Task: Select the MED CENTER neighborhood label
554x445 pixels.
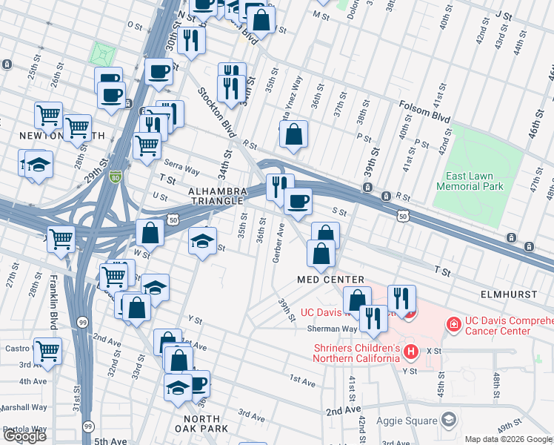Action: pyautogui.click(x=330, y=280)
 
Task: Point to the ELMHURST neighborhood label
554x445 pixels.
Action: pyautogui.click(x=508, y=294)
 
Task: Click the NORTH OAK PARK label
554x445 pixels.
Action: pyautogui.click(x=196, y=423)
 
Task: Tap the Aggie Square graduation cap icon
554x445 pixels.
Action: pyautogui.click(x=448, y=421)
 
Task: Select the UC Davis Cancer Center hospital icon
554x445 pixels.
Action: pyautogui.click(x=452, y=323)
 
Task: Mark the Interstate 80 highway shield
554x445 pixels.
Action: pyautogui.click(x=114, y=177)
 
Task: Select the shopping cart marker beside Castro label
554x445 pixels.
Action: pyautogui.click(x=47, y=349)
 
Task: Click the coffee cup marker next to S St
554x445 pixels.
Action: pyautogui.click(x=298, y=202)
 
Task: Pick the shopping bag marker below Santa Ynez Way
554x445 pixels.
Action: pyautogui.click(x=294, y=135)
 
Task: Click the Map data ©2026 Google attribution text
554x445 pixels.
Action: pyautogui.click(x=508, y=439)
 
